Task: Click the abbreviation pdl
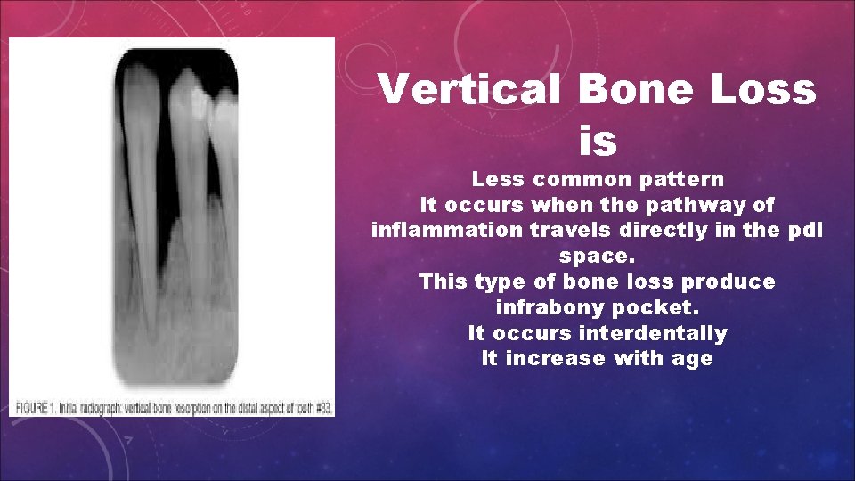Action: tap(807, 231)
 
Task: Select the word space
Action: tap(596, 257)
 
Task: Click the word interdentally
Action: tap(653, 334)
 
